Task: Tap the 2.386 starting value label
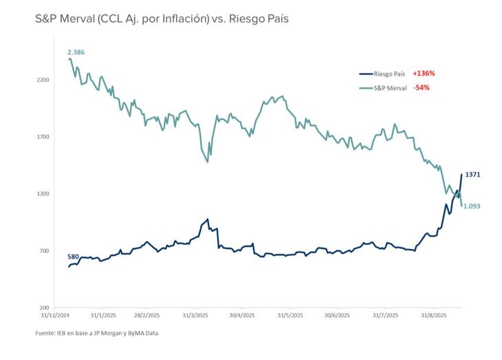point(76,52)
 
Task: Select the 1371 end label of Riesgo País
point(472,175)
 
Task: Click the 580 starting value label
point(74,257)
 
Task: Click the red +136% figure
point(424,73)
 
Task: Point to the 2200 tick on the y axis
point(43,80)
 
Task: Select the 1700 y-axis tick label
point(43,137)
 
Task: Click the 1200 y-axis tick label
point(43,194)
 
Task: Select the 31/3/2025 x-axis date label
point(196,315)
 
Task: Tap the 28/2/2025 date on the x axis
point(150,315)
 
